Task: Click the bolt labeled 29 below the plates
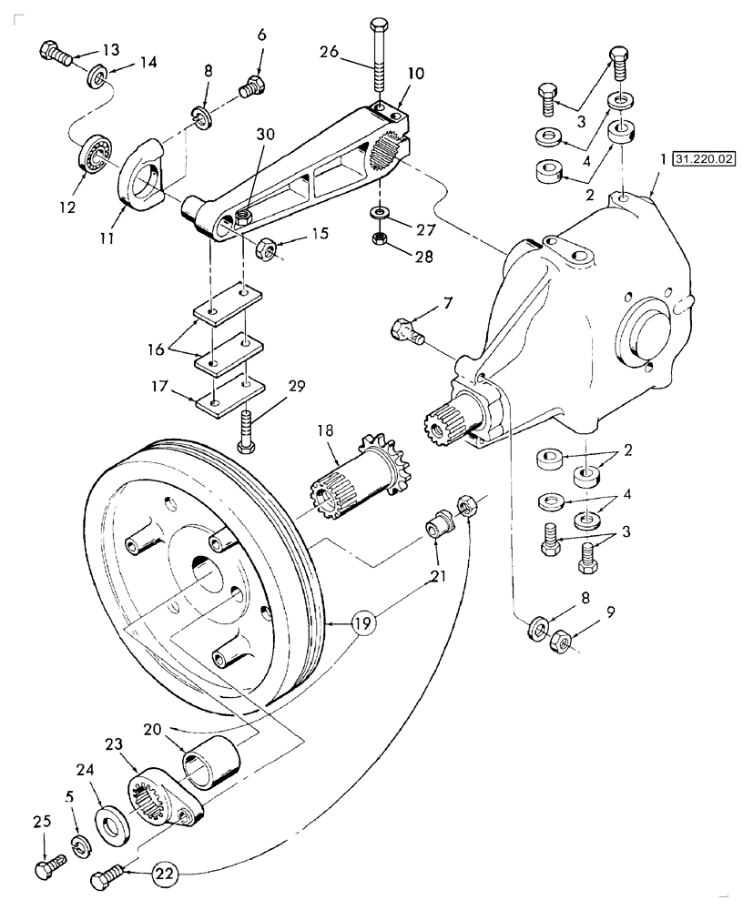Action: (245, 428)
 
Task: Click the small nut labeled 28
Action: (379, 240)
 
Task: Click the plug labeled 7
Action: (404, 329)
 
